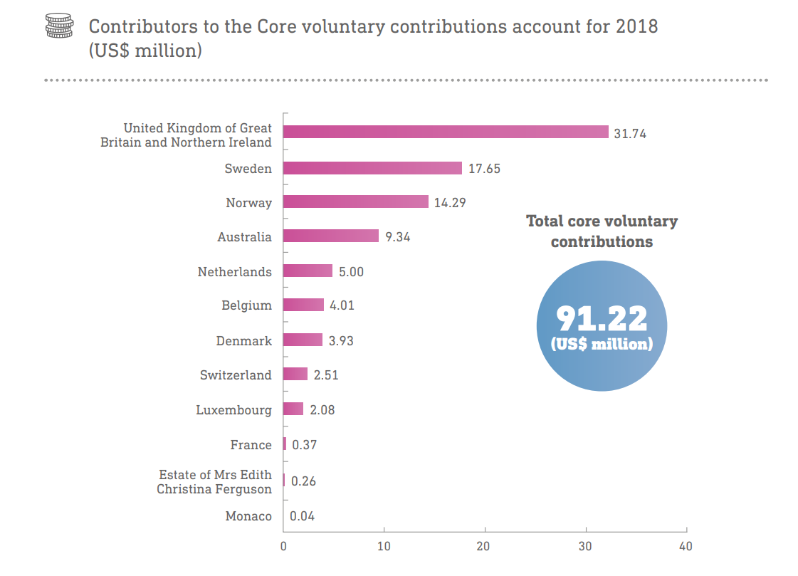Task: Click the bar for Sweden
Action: click(x=372, y=168)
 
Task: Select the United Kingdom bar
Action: click(x=446, y=132)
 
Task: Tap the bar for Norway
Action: click(x=356, y=201)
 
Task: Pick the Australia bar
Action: click(x=331, y=236)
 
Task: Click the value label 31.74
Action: click(x=630, y=133)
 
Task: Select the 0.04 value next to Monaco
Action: click(x=303, y=516)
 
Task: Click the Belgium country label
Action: click(x=246, y=305)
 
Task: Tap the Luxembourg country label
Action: click(x=233, y=410)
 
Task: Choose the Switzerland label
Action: click(x=236, y=375)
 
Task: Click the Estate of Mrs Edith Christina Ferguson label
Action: click(x=214, y=482)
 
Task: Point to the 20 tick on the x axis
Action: click(x=485, y=547)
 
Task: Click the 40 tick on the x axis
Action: click(x=686, y=547)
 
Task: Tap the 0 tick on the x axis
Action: click(x=283, y=547)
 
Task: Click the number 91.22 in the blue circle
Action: click(x=602, y=318)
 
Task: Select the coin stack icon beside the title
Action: click(x=59, y=27)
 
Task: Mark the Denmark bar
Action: click(x=303, y=340)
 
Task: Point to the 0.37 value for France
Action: click(x=304, y=445)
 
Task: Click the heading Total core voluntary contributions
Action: click(x=602, y=231)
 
